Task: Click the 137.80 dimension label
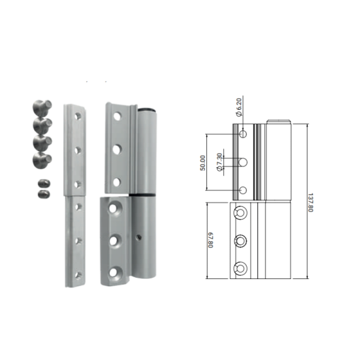click(310, 203)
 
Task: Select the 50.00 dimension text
click(203, 163)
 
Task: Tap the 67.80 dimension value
click(211, 240)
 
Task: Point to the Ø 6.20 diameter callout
click(239, 107)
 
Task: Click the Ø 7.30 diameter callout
click(219, 162)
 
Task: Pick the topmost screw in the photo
click(42, 107)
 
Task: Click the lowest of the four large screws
click(42, 160)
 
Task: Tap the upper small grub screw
click(44, 184)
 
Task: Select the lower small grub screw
click(44, 194)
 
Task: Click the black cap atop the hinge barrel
click(148, 110)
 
